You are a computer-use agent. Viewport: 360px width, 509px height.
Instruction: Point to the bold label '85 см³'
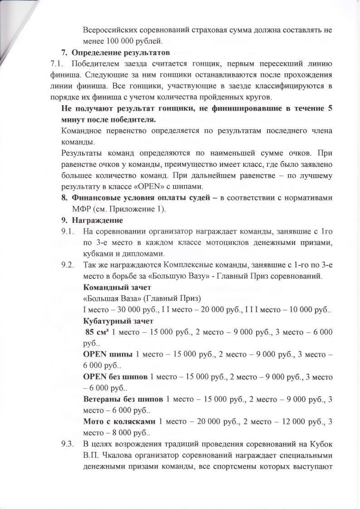(x=97, y=332)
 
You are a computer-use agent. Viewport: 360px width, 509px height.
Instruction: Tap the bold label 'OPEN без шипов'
(x=116, y=377)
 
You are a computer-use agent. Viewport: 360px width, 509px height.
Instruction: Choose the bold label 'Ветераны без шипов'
(x=123, y=399)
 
